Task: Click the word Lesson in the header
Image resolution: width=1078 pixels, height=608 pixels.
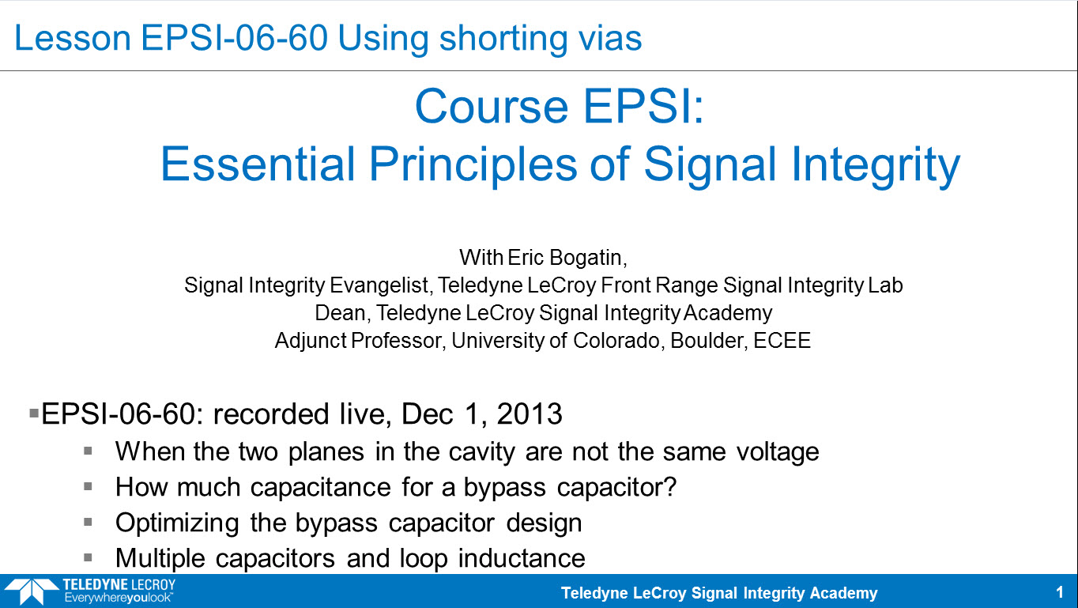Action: coord(73,38)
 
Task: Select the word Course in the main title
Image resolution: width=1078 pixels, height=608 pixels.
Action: coord(492,107)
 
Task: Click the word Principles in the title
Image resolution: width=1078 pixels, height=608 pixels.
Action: coord(473,165)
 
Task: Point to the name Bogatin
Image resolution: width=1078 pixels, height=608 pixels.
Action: coord(589,258)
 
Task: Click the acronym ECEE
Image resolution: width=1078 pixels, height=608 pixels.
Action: coord(782,341)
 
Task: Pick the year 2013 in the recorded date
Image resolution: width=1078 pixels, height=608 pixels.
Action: coord(530,414)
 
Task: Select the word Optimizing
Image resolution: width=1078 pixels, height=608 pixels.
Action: coord(177,523)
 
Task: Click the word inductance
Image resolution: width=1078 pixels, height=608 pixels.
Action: coord(522,558)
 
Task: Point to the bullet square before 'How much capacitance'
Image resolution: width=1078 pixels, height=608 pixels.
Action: coord(88,487)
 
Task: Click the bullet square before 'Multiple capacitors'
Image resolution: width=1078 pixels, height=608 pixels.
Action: coord(88,558)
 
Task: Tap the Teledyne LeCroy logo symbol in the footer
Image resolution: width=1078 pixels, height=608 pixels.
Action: coord(32,591)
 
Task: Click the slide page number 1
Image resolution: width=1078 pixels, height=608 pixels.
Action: coord(1059,593)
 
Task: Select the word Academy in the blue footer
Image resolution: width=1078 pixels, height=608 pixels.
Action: coord(844,594)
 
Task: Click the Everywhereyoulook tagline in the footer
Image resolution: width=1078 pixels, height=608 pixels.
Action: coord(119,599)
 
